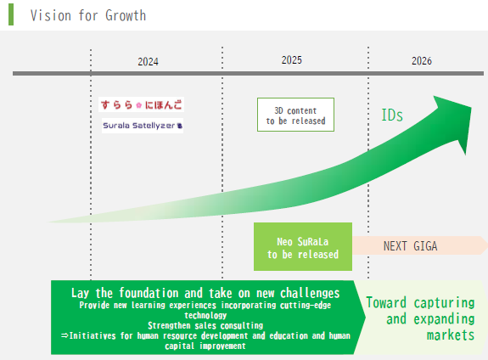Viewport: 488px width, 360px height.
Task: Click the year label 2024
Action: (x=148, y=62)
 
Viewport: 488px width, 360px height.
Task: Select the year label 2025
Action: (x=292, y=60)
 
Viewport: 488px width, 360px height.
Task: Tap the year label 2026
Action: (x=422, y=61)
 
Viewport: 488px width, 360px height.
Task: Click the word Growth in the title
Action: (x=126, y=15)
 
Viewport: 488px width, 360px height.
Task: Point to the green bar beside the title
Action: (x=11, y=14)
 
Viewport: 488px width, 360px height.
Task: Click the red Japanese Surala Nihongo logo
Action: (x=141, y=104)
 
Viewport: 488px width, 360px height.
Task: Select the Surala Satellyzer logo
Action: (x=143, y=126)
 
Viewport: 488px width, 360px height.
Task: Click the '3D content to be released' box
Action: (x=295, y=115)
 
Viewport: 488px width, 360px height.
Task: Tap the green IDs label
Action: (x=392, y=115)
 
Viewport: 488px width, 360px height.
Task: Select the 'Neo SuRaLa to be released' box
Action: (x=303, y=246)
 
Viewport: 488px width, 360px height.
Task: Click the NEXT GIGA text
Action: (x=410, y=246)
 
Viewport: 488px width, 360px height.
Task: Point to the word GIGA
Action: (x=425, y=246)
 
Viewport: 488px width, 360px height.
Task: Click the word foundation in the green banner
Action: (x=149, y=293)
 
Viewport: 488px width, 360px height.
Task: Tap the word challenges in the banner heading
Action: (x=310, y=293)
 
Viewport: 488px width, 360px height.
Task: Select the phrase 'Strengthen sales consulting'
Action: (x=205, y=325)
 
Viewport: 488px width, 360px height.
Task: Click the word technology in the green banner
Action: (x=205, y=315)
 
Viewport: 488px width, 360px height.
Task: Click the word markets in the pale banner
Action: (x=451, y=335)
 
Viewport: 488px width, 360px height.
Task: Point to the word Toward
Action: (x=386, y=302)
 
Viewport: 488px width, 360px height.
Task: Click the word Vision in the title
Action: (x=51, y=15)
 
